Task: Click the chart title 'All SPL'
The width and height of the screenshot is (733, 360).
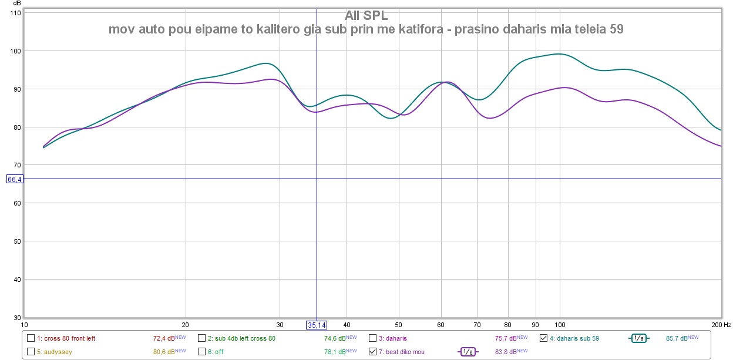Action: (x=366, y=16)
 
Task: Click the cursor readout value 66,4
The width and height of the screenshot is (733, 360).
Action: (x=15, y=179)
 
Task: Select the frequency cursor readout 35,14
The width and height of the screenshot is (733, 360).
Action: (x=316, y=325)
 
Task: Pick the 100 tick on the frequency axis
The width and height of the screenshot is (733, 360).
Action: (x=560, y=324)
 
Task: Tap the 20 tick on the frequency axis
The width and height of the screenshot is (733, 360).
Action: (x=186, y=324)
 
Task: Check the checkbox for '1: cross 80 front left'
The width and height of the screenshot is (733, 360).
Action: (x=31, y=338)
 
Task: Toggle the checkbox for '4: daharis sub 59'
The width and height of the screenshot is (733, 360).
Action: (x=543, y=338)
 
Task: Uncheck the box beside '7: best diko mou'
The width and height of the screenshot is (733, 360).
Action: (x=372, y=352)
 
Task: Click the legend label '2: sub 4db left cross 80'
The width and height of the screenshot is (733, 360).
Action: (x=241, y=338)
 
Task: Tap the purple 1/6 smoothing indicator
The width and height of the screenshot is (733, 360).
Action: (x=468, y=352)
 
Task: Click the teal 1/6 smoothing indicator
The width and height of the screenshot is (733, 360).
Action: (x=639, y=338)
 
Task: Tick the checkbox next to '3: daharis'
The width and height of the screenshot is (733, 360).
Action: (x=372, y=338)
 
